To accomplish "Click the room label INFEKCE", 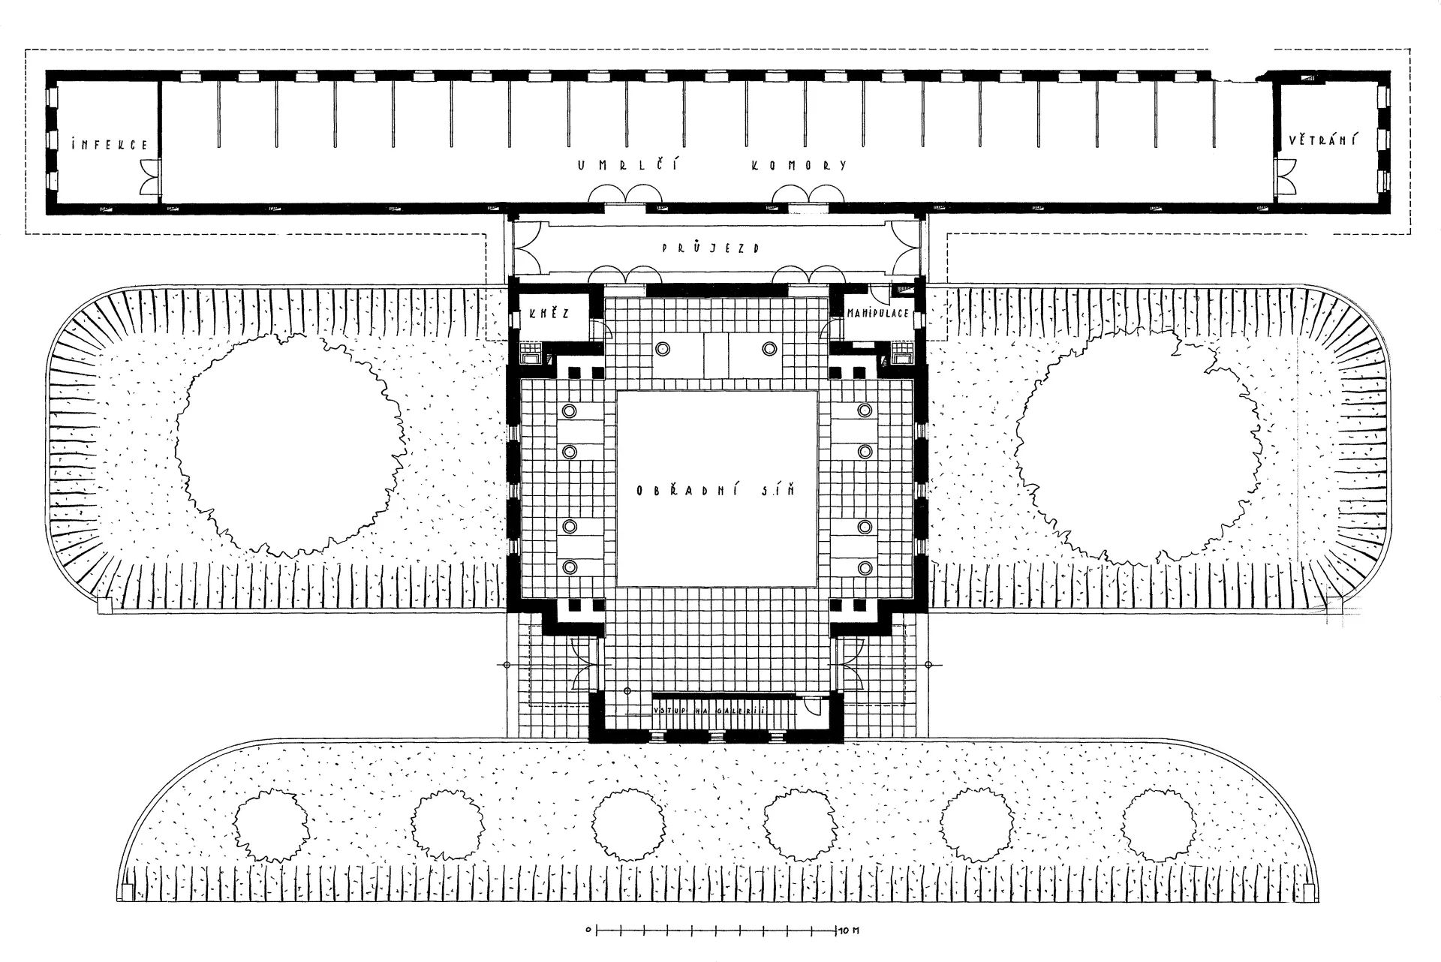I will point(109,145).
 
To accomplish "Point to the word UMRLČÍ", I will point(628,165).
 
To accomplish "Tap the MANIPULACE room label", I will point(878,312).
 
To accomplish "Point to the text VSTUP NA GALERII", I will point(708,710).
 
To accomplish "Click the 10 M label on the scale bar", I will point(849,931).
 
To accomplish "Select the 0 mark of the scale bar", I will point(590,931).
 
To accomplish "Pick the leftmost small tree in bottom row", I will point(270,827).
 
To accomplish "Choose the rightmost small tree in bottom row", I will point(1158,825).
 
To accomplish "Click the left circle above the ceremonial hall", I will point(663,348).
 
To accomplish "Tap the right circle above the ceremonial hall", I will point(769,348).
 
